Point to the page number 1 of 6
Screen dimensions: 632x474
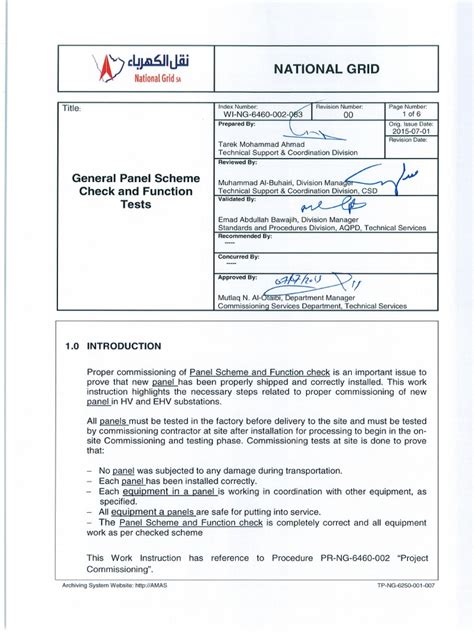412,114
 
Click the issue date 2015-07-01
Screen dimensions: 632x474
412,131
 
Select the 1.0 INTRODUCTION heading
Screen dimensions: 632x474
113,346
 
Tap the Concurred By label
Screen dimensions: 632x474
239,255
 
